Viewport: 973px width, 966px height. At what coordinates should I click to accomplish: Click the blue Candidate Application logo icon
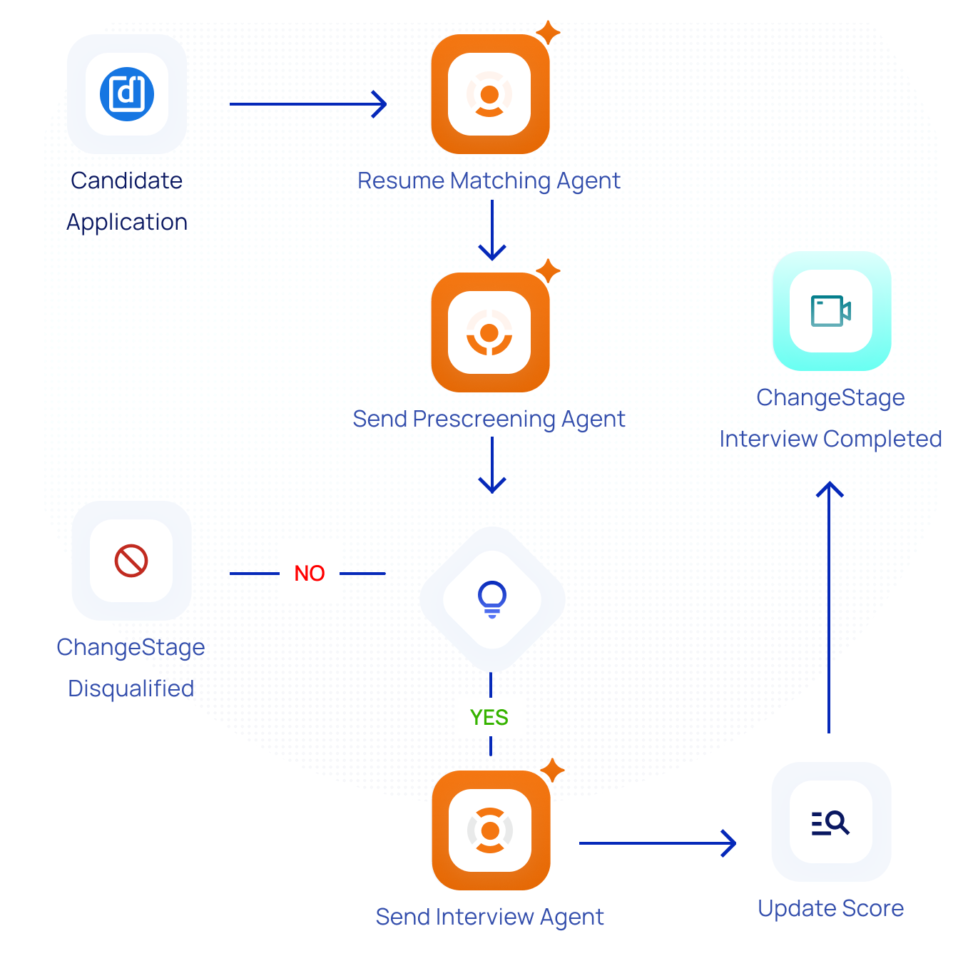[127, 94]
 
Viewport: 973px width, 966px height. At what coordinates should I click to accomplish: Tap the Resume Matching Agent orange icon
[490, 94]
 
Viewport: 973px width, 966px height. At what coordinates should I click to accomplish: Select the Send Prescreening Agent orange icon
[490, 332]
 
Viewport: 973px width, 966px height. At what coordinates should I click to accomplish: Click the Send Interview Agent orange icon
[491, 830]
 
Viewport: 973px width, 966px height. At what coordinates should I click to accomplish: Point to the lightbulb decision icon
[492, 599]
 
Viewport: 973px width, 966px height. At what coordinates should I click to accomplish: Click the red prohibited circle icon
[131, 561]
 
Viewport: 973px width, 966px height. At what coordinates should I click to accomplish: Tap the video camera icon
[831, 311]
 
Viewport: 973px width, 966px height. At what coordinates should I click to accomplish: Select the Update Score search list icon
[830, 823]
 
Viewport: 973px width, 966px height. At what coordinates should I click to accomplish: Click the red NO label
[310, 574]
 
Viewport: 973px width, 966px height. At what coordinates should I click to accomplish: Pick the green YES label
[489, 718]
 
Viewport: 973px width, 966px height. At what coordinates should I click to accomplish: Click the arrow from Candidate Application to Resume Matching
[308, 104]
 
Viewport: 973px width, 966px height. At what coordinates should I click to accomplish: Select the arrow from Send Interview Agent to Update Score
[657, 843]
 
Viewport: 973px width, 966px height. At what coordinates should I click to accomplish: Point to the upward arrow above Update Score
[829, 606]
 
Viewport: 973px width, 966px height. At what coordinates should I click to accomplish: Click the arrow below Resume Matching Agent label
[492, 230]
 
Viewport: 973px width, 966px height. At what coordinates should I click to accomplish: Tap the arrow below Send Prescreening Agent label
[492, 465]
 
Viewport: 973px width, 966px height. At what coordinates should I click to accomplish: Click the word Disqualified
[131, 688]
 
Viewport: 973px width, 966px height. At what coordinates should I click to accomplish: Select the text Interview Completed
[830, 439]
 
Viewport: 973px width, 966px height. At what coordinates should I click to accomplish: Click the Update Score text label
[830, 908]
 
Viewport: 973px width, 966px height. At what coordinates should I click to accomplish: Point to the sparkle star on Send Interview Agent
[552, 771]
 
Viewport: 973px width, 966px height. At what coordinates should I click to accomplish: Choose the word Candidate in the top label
[127, 181]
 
